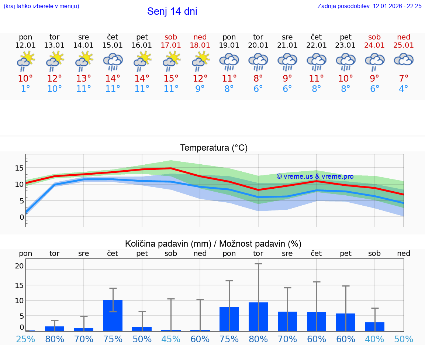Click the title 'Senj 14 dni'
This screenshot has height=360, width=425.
click(x=172, y=11)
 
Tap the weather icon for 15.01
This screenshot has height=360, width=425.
click(x=113, y=61)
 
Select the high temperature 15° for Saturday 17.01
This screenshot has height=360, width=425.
click(x=171, y=79)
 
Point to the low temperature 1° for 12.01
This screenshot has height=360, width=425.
click(x=25, y=89)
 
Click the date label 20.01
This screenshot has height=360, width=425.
click(x=258, y=45)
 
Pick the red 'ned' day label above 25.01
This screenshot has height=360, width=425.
click(x=404, y=37)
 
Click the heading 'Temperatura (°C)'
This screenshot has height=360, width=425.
click(x=214, y=148)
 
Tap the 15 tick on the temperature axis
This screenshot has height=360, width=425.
click(x=19, y=168)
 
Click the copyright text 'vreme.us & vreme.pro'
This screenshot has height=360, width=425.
click(x=315, y=176)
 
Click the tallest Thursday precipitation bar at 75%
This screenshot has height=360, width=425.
click(x=113, y=315)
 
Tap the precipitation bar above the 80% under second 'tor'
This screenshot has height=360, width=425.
click(x=258, y=316)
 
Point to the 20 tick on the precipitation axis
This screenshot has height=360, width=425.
click(x=19, y=266)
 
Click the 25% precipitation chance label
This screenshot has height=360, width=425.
click(x=25, y=339)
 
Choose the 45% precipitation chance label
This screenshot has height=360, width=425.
click(x=171, y=339)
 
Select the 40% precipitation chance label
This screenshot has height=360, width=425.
click(x=374, y=339)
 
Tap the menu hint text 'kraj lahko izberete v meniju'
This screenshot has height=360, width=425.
click(x=41, y=6)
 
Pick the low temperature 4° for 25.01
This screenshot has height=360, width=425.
click(x=404, y=89)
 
